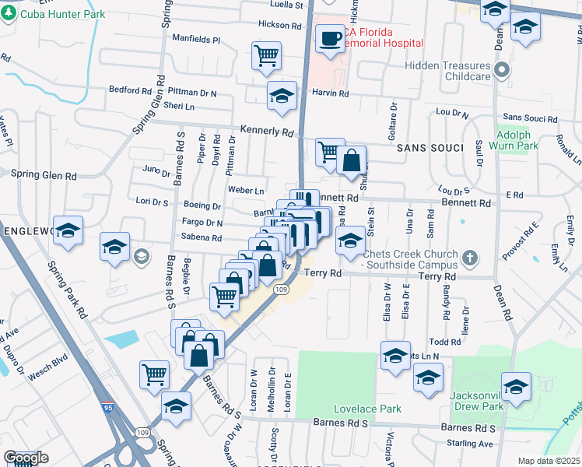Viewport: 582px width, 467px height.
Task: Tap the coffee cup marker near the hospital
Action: point(330,37)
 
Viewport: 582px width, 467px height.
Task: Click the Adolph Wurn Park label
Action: point(517,139)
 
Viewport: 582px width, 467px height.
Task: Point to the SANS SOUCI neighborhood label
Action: point(424,147)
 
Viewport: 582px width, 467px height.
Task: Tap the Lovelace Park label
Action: point(367,409)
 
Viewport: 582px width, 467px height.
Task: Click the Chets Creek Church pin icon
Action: point(469,257)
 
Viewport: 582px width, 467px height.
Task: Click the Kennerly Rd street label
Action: point(266,132)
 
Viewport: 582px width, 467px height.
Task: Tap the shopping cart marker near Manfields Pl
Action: point(266,56)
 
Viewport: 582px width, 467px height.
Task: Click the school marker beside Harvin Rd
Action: point(282,96)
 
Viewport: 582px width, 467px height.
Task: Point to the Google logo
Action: point(26,458)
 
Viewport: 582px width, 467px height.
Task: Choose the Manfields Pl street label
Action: point(196,38)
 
